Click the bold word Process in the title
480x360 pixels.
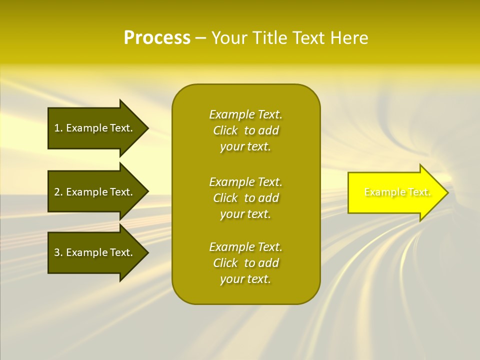pos(157,38)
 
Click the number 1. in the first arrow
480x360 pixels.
pos(58,128)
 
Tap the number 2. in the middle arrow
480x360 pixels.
pos(58,192)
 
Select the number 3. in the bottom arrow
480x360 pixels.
pos(58,252)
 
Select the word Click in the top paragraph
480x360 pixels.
pos(225,130)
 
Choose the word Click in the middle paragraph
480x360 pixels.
pos(225,198)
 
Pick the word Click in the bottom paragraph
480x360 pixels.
pos(225,263)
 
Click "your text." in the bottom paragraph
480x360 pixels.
pos(245,279)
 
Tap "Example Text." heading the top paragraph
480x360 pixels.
pos(245,114)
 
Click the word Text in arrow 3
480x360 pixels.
pos(120,252)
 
